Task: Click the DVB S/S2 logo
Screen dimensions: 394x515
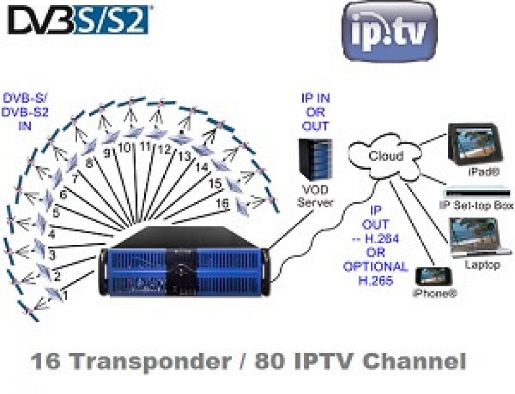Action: (x=78, y=21)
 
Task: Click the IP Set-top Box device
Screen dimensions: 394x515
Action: (x=476, y=193)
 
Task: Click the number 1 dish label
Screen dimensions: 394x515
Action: (x=65, y=295)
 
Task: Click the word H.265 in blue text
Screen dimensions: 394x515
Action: (x=375, y=280)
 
